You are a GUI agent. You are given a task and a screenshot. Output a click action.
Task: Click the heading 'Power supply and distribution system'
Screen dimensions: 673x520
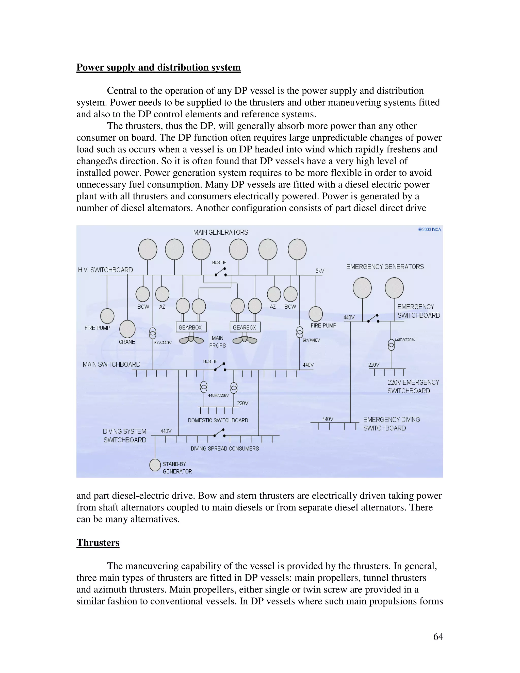coord(158,68)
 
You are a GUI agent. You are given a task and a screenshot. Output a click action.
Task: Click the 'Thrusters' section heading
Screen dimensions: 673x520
coord(98,543)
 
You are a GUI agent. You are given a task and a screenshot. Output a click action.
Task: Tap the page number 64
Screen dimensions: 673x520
coord(438,636)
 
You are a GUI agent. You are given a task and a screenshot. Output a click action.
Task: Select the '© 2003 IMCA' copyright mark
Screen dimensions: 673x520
coord(429,230)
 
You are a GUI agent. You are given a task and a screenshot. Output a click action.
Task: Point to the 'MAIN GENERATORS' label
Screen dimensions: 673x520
coord(221,232)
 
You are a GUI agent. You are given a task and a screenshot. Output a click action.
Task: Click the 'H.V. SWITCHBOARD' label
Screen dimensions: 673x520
coord(105,270)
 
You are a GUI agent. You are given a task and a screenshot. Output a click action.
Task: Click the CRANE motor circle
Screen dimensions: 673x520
coord(127,329)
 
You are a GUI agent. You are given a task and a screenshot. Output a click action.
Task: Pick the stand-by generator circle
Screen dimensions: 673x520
coord(155,465)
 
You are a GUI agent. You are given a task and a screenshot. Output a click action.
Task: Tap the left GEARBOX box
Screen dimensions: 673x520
coord(191,327)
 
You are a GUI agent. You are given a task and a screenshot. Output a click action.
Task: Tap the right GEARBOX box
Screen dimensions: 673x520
coord(245,327)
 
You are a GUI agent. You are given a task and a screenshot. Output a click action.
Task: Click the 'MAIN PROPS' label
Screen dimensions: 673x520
coord(218,342)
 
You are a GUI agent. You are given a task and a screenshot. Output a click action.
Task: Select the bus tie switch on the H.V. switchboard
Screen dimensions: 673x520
coord(221,272)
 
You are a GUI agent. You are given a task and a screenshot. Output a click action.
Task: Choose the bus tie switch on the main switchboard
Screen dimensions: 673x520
coord(220,367)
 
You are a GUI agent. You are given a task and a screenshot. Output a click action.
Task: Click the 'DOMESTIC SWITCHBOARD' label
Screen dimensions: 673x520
coord(218,420)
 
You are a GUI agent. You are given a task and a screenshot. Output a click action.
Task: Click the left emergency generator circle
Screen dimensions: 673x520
coord(362,288)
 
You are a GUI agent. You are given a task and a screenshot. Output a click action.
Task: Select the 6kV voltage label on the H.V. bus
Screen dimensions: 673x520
coord(319,271)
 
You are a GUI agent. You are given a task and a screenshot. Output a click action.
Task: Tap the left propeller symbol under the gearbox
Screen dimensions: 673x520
coord(191,340)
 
